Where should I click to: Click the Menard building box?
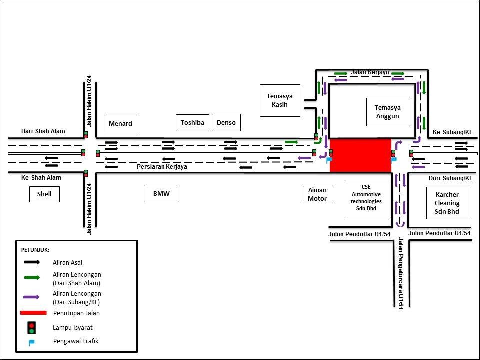click(x=120, y=123)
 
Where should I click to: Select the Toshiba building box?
click(x=192, y=122)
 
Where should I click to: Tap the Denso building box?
click(x=226, y=122)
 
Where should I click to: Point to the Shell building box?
click(x=44, y=194)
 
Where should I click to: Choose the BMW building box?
click(x=161, y=194)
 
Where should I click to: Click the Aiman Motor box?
click(x=317, y=194)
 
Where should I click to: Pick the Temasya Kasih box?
click(x=280, y=100)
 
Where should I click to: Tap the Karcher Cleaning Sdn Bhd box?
click(x=447, y=203)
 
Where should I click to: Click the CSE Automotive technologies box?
click(x=366, y=198)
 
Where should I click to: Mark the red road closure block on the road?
click(x=360, y=155)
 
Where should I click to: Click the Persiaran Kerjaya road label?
click(x=162, y=167)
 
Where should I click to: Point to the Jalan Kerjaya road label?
click(x=370, y=72)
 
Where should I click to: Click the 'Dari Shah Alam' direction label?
click(x=43, y=131)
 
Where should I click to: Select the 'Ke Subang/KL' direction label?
click(x=452, y=132)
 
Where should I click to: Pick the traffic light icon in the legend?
click(x=31, y=327)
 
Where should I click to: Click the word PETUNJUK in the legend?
click(x=35, y=249)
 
